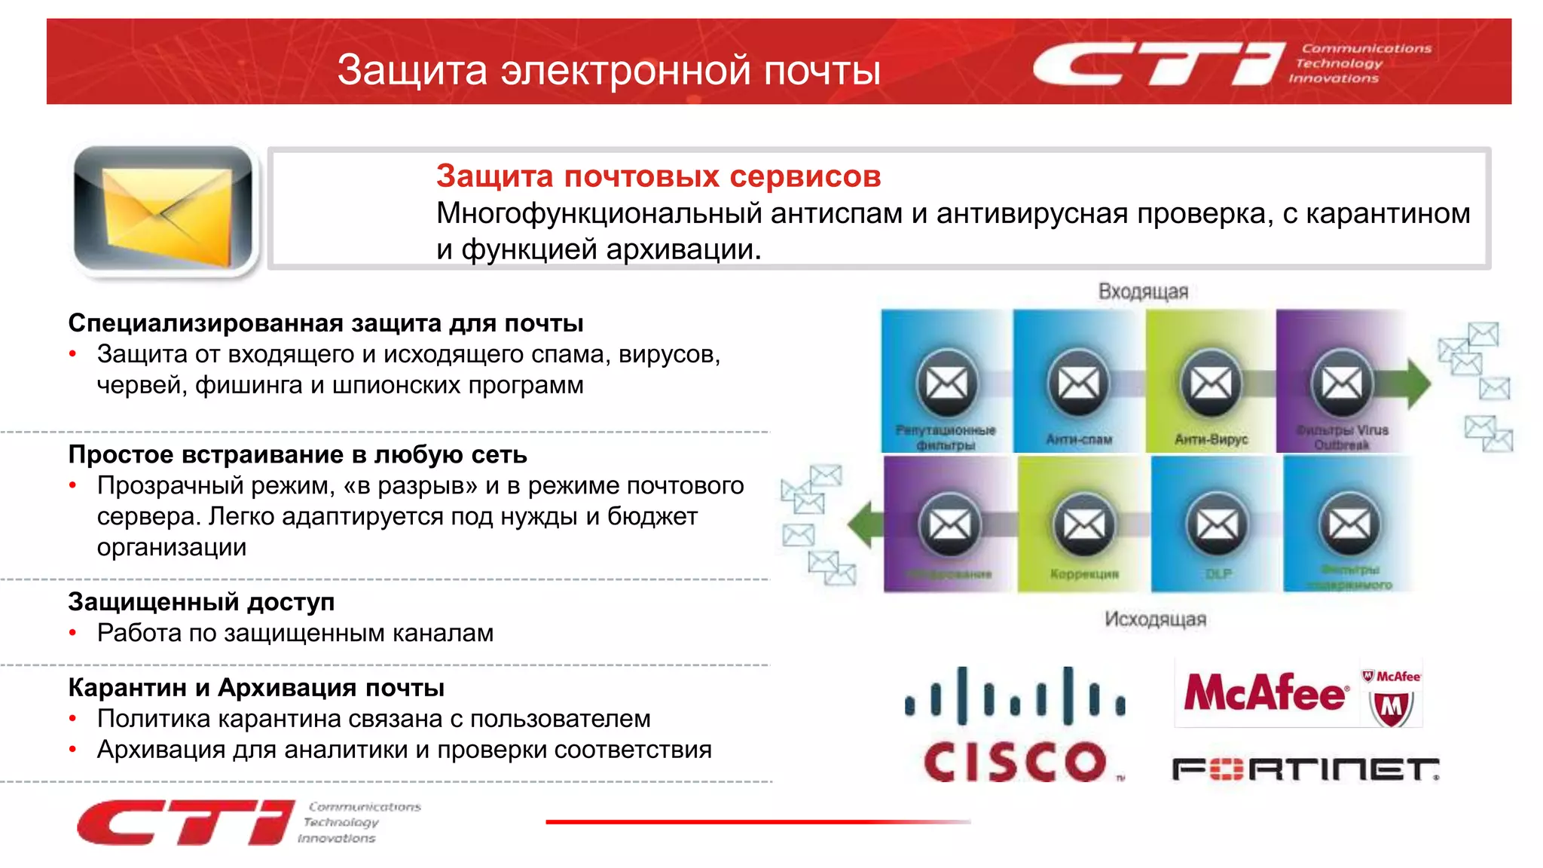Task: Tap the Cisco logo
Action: [x=1015, y=726]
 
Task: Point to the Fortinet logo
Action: [x=1305, y=769]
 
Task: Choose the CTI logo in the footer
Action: [x=185, y=822]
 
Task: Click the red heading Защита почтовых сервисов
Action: [x=658, y=176]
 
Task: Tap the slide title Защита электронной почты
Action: [x=608, y=70]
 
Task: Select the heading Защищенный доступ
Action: [x=201, y=602]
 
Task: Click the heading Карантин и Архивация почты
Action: [x=256, y=688]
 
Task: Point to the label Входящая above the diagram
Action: [x=1142, y=292]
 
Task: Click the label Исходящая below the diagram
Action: [x=1155, y=619]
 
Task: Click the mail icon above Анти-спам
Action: [x=1078, y=384]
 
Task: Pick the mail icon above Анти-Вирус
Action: [x=1211, y=384]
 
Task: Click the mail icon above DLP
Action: [x=1218, y=524]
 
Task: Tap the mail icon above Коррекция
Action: [x=1084, y=524]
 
